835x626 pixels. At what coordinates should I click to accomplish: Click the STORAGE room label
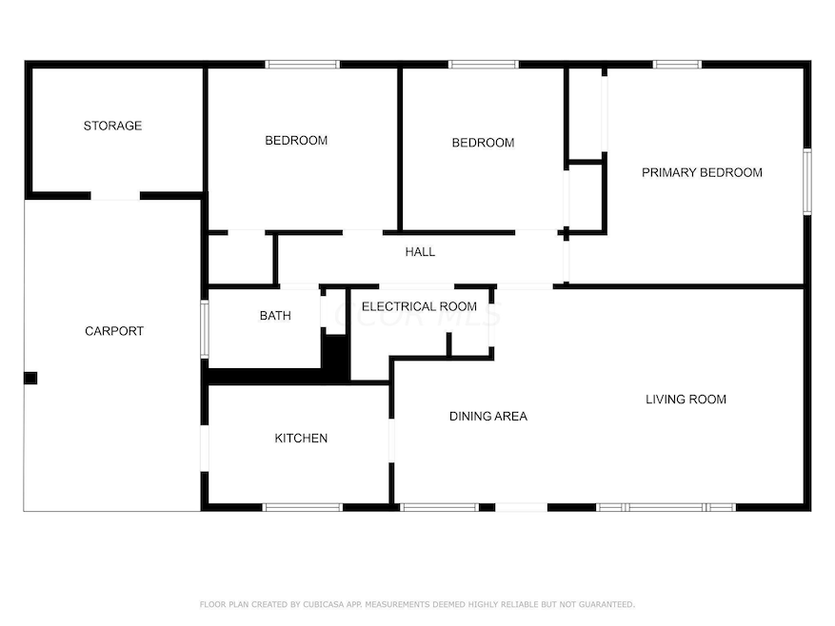coord(112,126)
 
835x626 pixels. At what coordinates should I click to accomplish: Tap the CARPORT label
coord(114,331)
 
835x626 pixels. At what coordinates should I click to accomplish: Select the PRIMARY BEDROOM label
coord(702,172)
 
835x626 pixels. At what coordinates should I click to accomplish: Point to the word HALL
coord(420,252)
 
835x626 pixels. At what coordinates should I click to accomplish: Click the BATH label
coord(275,316)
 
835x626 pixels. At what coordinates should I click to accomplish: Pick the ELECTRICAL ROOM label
coord(419,306)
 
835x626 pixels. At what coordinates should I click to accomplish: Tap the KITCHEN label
coord(301,438)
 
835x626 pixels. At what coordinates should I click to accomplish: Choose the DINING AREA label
coord(488,417)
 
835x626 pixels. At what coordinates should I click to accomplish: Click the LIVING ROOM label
coord(686,400)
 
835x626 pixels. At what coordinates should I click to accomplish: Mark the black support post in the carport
coord(30,378)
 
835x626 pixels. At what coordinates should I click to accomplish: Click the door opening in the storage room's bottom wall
coord(115,196)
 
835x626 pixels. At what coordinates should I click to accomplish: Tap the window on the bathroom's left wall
coord(205,329)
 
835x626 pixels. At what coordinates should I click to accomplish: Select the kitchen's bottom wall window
coord(303,507)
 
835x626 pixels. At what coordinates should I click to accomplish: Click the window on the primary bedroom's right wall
coord(807,182)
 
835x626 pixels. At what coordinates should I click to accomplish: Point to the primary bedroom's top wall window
coord(677,65)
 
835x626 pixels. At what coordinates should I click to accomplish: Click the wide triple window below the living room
coord(666,507)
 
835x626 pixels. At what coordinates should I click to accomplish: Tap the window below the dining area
coord(439,507)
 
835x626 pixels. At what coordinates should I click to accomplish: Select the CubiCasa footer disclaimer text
coord(417,604)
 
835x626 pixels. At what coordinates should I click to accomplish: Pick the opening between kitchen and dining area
coord(391,440)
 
